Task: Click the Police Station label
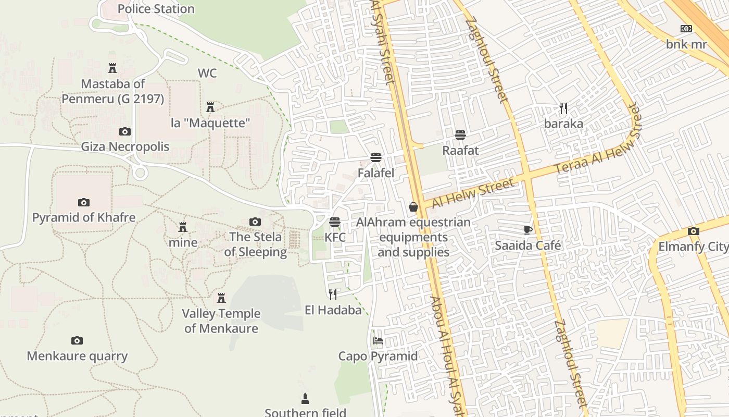156,9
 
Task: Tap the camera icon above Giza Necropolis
125,131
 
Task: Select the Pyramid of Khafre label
84,217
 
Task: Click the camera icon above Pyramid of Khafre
84,202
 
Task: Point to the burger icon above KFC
335,222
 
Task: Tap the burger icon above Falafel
376,157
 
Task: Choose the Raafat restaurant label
460,150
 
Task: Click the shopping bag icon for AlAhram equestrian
413,207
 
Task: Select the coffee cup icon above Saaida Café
528,230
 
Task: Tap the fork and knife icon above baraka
563,108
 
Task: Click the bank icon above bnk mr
686,29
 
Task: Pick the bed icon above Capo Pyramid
378,341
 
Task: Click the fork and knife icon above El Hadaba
333,295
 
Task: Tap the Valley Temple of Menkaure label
221,321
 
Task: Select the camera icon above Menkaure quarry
77,341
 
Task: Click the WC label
207,73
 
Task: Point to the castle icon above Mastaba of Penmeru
112,68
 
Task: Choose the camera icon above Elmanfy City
693,231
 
